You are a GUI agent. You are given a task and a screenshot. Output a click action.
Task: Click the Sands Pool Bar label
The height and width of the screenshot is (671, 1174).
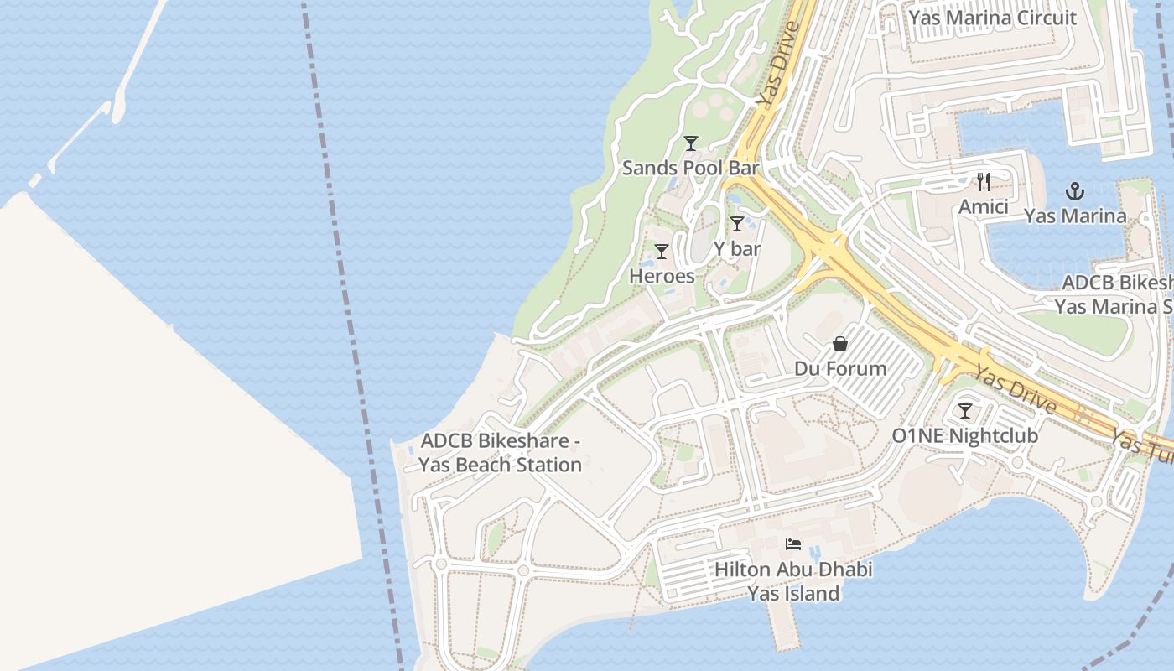click(x=690, y=168)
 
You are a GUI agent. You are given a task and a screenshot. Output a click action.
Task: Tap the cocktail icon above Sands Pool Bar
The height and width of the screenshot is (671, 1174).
click(x=690, y=143)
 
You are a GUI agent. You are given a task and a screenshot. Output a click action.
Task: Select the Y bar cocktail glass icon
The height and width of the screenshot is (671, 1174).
click(x=736, y=224)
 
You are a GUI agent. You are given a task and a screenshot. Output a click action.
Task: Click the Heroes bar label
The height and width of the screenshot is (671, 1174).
click(x=662, y=276)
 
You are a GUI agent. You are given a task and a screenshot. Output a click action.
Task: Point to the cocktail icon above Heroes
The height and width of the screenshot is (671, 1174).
click(x=662, y=251)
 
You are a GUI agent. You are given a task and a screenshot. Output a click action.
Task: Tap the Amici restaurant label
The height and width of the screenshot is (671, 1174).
click(x=984, y=206)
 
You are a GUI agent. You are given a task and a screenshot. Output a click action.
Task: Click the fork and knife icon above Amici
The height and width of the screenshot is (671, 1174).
click(x=984, y=181)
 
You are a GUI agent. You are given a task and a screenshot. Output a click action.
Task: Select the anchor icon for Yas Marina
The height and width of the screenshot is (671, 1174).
click(x=1074, y=191)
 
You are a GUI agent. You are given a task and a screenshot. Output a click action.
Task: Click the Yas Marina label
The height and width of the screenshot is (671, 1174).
click(x=1074, y=216)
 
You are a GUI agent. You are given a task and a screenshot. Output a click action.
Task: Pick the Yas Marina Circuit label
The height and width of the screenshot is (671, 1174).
click(x=993, y=18)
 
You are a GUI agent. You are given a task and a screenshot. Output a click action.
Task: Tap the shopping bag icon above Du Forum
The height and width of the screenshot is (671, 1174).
click(x=840, y=344)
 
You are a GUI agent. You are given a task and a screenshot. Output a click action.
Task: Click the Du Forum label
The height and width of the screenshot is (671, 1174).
click(x=840, y=368)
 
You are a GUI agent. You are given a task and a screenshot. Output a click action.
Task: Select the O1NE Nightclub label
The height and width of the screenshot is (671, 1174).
click(x=964, y=436)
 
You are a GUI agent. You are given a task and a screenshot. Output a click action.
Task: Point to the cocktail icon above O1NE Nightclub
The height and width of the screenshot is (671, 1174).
click(x=964, y=411)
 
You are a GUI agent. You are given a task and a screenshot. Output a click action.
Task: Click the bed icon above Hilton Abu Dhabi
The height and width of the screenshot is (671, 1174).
click(x=793, y=544)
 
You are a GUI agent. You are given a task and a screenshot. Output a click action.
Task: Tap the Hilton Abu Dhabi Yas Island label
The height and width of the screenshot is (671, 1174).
click(x=793, y=581)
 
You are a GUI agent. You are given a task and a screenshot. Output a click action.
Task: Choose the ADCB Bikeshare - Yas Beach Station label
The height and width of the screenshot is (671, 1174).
click(x=501, y=453)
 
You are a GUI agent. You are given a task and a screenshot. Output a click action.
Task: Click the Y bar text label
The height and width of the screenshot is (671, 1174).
click(x=737, y=249)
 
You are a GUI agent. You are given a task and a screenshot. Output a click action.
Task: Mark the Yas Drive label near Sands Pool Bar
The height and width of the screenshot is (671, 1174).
click(x=776, y=65)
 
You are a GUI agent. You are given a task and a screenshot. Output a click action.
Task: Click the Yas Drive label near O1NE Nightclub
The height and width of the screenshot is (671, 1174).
click(x=1015, y=392)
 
